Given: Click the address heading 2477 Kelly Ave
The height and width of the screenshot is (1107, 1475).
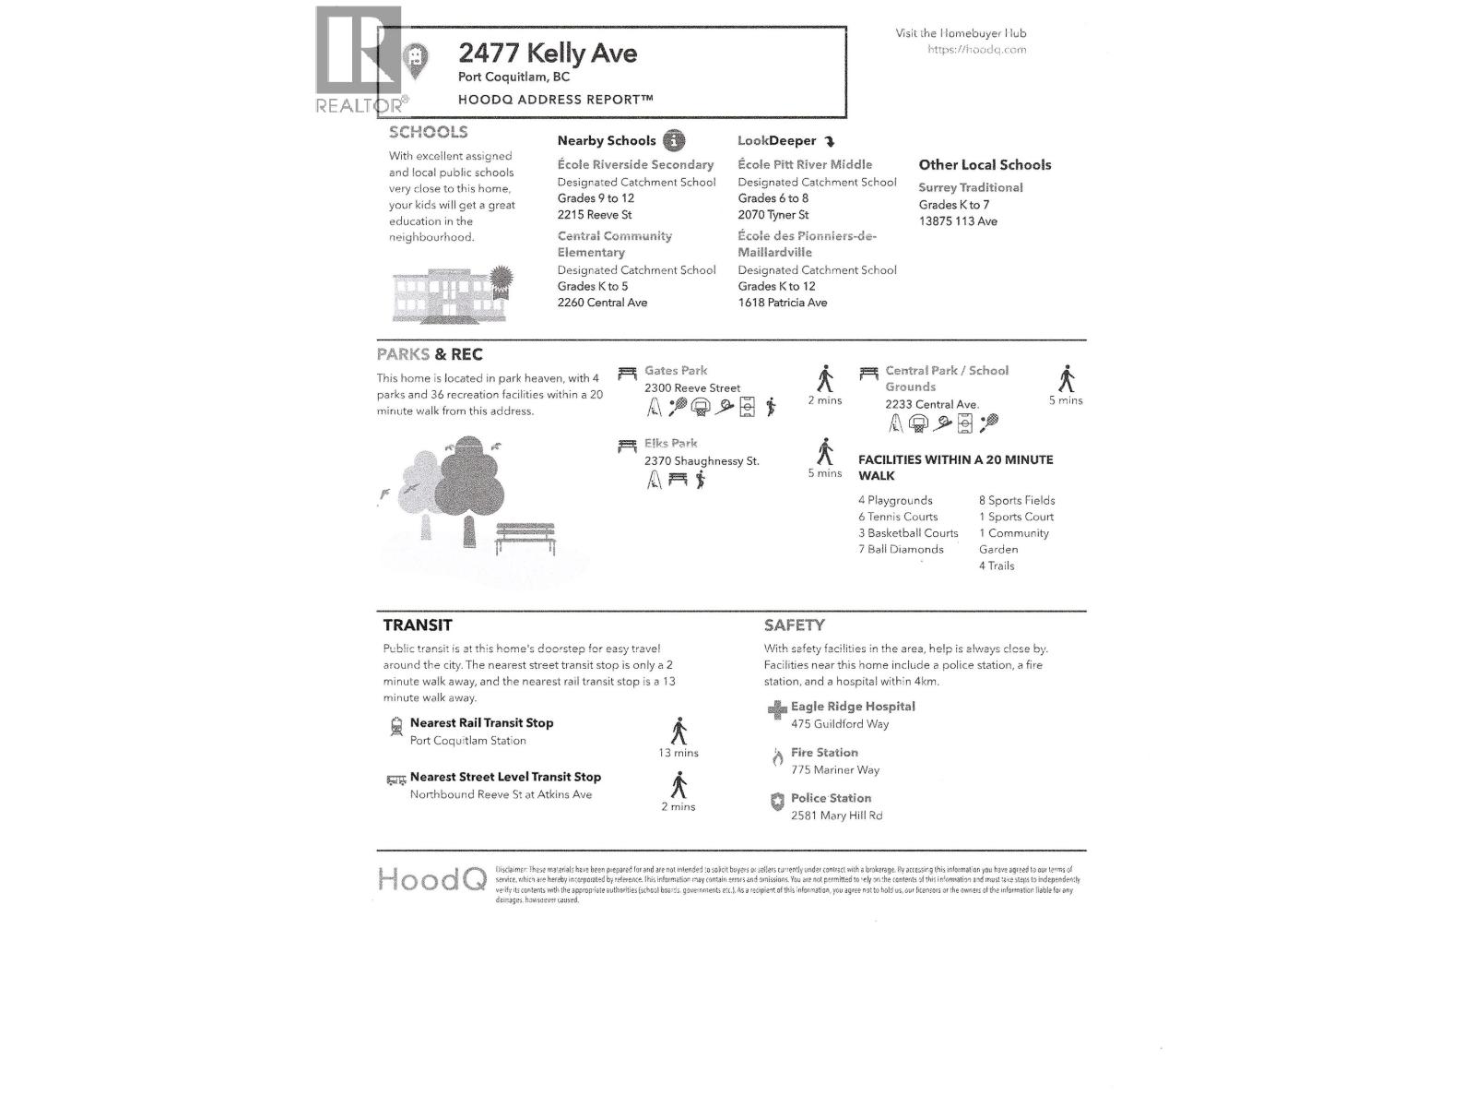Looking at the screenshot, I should (x=548, y=54).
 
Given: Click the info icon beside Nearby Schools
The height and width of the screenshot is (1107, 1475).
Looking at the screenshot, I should (x=675, y=141).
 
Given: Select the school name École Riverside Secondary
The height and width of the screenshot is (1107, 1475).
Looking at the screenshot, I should (x=635, y=165).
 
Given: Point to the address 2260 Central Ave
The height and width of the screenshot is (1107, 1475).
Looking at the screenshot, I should (x=602, y=303).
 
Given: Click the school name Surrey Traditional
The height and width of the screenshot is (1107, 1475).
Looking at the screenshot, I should (x=970, y=187).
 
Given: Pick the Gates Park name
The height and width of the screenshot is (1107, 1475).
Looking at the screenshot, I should (x=676, y=371).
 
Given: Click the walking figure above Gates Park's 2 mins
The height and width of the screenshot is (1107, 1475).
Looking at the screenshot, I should (x=825, y=379).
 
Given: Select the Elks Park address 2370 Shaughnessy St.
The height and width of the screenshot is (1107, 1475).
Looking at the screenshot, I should (x=702, y=461).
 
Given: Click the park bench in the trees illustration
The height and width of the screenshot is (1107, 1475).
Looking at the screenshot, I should (x=525, y=538).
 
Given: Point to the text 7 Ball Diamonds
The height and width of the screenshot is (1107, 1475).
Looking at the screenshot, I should (x=901, y=550).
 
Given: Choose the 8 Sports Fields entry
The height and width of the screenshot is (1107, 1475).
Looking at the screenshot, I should (x=1017, y=501).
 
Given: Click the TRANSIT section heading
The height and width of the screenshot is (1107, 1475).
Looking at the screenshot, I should (x=418, y=625).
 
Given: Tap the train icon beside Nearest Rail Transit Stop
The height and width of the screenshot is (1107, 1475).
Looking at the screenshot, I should (x=396, y=726).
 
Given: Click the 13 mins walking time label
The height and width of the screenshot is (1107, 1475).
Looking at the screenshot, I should (x=678, y=753).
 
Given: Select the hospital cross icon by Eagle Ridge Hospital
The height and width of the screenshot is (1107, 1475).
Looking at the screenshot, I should (x=777, y=709).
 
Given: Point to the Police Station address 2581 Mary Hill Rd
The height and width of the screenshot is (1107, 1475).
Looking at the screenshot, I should (x=836, y=815).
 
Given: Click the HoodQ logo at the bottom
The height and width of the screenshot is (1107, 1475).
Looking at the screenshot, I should (x=431, y=879).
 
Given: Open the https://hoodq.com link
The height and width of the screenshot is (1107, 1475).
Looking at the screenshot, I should (x=976, y=50).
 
